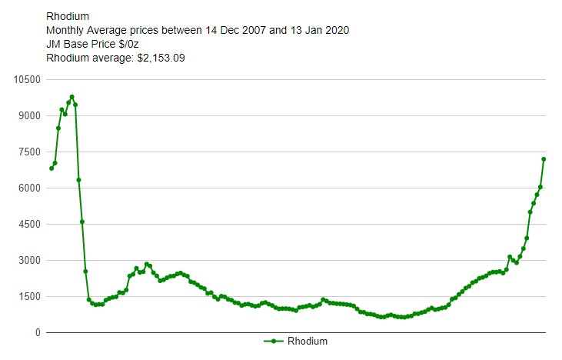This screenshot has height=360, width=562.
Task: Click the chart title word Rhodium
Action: [x=67, y=16]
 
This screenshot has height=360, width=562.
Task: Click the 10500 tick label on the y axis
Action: [x=27, y=79]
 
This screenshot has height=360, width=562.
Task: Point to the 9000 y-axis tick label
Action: [x=29, y=115]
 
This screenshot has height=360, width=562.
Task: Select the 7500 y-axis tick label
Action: [x=29, y=152]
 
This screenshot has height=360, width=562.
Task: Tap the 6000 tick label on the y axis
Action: [x=29, y=188]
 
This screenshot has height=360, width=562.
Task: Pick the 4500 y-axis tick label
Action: [x=29, y=224]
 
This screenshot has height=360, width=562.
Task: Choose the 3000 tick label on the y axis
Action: [x=29, y=260]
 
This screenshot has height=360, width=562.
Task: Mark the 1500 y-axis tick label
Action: [x=29, y=296]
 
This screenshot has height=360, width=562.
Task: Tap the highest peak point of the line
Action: [x=71, y=97]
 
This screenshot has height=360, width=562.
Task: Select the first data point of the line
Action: [x=52, y=168]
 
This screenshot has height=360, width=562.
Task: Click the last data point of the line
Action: [x=544, y=159]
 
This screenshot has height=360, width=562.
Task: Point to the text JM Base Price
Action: [x=81, y=44]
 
